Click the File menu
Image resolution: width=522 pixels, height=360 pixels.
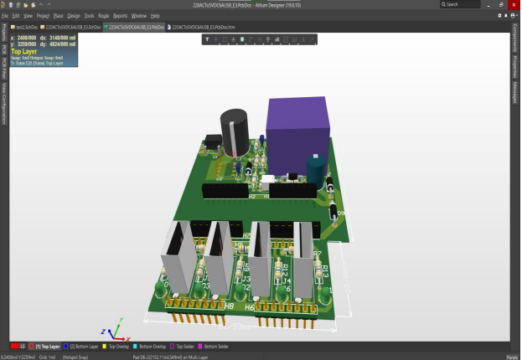pos(5,16)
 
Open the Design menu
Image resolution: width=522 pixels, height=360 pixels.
pos(74,16)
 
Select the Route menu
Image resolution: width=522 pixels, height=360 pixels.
pos(103,16)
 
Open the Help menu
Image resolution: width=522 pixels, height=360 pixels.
pos(155,16)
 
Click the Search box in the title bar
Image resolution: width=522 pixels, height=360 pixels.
pos(465,4)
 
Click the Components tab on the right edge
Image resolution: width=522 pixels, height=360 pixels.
pos(514,39)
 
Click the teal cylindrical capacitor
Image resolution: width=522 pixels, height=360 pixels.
pos(315,168)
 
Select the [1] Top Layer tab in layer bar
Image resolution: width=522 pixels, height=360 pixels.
pos(46,346)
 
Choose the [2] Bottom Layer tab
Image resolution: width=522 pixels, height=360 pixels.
pos(82,346)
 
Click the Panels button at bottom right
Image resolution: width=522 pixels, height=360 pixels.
pos(510,356)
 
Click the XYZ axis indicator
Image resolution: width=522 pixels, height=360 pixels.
pos(111,328)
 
